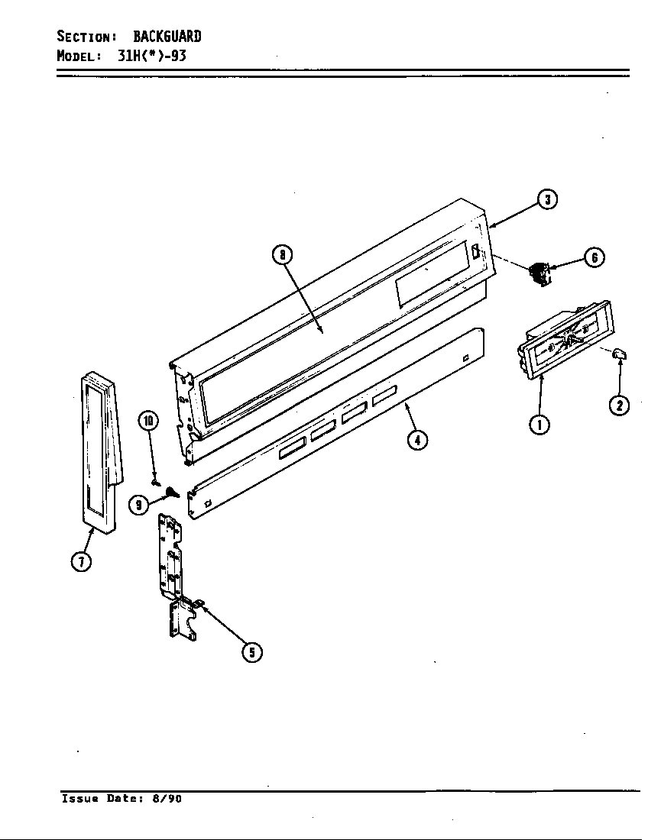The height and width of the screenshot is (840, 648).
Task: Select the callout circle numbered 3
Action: click(x=547, y=200)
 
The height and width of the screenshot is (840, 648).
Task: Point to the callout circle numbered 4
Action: click(x=416, y=441)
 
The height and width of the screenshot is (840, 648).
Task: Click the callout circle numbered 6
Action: click(x=595, y=258)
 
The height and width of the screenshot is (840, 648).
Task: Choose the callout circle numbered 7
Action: click(x=82, y=561)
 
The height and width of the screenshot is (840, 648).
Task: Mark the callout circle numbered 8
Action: click(x=282, y=255)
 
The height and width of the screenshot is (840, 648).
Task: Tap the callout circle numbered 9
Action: click(x=138, y=505)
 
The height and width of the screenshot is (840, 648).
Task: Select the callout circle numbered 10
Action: click(x=148, y=420)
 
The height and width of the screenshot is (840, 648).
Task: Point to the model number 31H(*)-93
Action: click(x=152, y=56)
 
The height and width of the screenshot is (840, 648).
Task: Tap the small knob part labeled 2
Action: click(x=620, y=352)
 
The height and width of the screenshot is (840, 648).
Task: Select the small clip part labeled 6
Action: click(x=539, y=273)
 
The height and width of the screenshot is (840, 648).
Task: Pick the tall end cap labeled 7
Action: click(x=100, y=451)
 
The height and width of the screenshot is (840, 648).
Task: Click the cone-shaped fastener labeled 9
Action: click(x=172, y=493)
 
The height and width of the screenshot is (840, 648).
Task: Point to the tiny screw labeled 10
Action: click(x=155, y=482)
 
